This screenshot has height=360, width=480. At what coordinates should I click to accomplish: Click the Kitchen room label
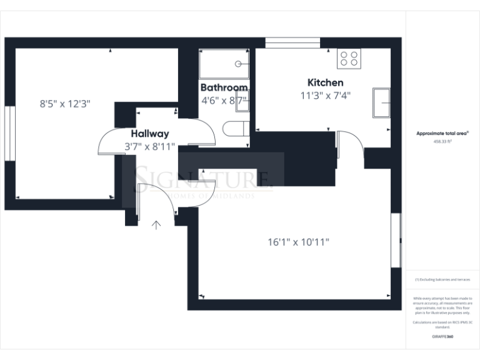pyautogui.click(x=325, y=82)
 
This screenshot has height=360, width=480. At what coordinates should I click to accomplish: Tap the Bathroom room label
pyautogui.click(x=224, y=87)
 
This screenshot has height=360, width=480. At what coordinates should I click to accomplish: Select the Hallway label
pyautogui.click(x=149, y=134)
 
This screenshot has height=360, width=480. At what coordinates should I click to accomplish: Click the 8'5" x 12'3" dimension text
pyautogui.click(x=65, y=104)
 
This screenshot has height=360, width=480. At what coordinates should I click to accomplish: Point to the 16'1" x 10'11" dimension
pyautogui.click(x=298, y=241)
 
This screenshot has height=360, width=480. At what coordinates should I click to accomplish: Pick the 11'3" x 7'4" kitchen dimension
pyautogui.click(x=325, y=96)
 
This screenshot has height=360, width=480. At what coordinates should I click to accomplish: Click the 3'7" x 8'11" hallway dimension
pyautogui.click(x=149, y=147)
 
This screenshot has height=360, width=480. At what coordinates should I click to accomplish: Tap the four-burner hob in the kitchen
pyautogui.click(x=349, y=59)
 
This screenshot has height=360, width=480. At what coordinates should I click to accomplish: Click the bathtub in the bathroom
pyautogui.click(x=224, y=63)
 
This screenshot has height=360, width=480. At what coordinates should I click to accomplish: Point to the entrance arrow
pyautogui.click(x=155, y=224)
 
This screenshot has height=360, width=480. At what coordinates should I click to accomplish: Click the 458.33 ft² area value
pyautogui.click(x=443, y=141)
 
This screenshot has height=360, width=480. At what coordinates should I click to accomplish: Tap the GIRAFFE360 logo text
pyautogui.click(x=442, y=337)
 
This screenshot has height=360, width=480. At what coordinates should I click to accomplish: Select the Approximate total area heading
pyautogui.click(x=442, y=133)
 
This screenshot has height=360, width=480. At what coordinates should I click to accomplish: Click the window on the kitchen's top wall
pyautogui.click(x=292, y=42)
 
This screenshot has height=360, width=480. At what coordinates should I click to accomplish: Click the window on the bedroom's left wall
pyautogui.click(x=9, y=134)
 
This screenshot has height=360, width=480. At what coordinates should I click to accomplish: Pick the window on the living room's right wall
pyautogui.click(x=396, y=241)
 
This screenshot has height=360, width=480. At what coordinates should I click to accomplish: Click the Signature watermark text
pyautogui.click(x=203, y=179)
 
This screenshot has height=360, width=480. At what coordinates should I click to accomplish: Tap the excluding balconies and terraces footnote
pyautogui.click(x=442, y=279)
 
